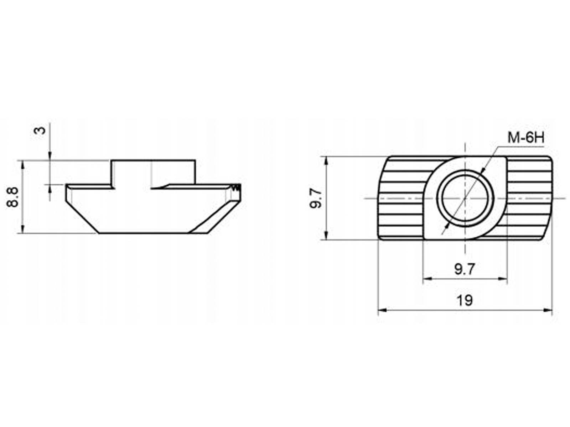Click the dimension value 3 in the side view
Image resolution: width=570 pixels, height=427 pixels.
40,130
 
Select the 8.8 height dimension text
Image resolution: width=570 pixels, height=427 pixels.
13,197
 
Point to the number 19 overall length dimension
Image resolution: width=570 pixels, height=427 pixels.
465,300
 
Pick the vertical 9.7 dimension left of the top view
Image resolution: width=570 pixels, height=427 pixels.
316,198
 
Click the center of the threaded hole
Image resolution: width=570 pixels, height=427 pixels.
465,199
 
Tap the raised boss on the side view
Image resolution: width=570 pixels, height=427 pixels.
153,173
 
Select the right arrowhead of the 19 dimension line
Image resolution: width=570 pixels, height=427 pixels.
548,310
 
